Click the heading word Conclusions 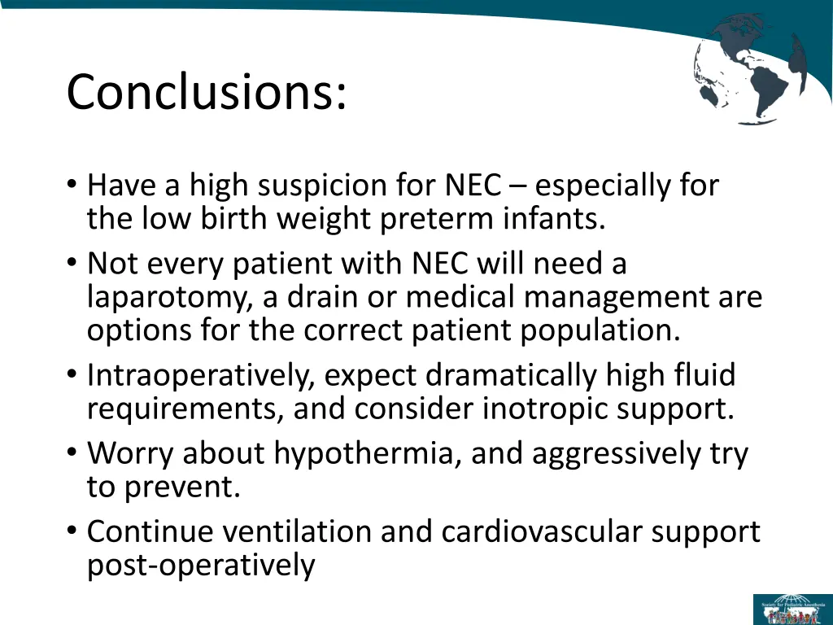pyautogui.click(x=206, y=92)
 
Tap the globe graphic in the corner pyautogui.click(x=750, y=70)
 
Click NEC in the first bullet pyautogui.click(x=473, y=186)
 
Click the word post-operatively pyautogui.click(x=200, y=565)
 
